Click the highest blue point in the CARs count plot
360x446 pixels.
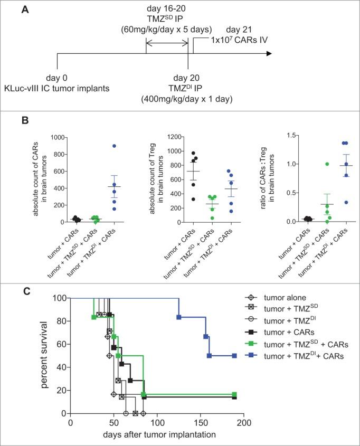point(100,146)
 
